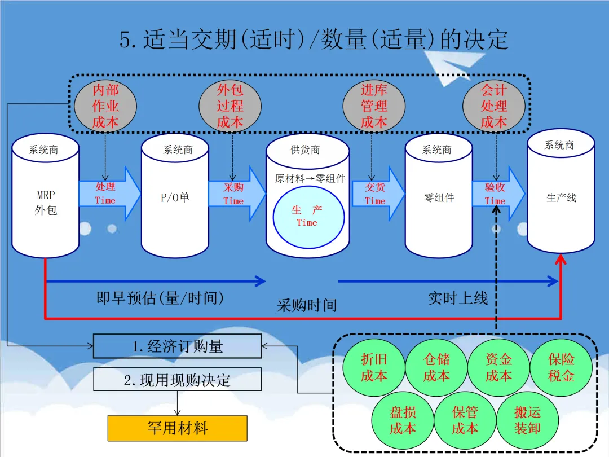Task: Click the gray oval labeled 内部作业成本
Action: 105,106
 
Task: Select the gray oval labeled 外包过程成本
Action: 230,106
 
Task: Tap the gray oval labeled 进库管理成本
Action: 374,106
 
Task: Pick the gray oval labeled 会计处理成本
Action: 494,106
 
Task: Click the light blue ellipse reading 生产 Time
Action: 307,216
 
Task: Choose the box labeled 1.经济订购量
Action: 177,346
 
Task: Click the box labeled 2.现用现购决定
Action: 177,380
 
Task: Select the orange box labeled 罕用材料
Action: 177,428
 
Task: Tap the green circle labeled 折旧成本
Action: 374,367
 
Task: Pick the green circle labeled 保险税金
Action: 561,367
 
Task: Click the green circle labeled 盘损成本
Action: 403,420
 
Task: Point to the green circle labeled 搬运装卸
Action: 527,420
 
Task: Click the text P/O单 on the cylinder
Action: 175,198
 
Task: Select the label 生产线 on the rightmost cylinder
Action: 561,198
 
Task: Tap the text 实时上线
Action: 457,298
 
